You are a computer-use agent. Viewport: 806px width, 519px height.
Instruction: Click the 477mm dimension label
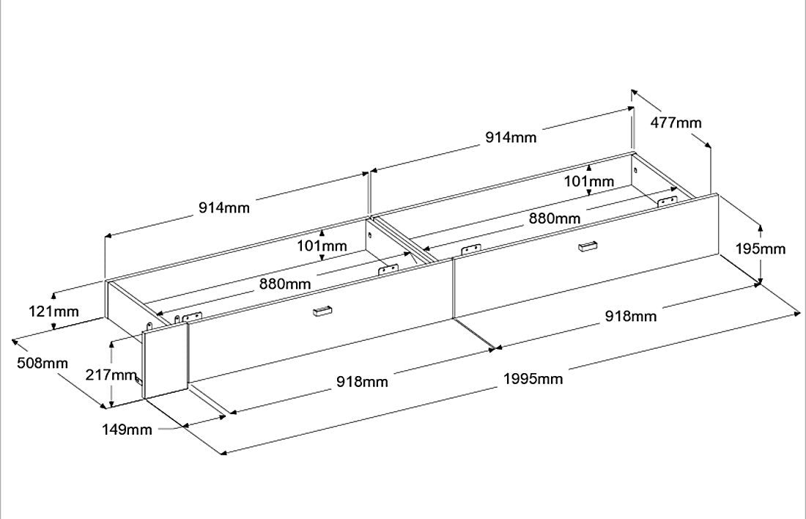point(676,123)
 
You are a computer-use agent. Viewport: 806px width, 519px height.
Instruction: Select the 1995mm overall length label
point(533,379)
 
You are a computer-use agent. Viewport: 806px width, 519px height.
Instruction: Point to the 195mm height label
point(761,249)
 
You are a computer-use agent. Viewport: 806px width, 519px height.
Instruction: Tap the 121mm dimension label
point(53,312)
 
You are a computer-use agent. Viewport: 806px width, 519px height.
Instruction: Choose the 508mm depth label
point(42,363)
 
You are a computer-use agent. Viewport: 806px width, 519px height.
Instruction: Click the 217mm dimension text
point(111,375)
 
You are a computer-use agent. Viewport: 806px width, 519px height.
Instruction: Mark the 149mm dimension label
point(127,430)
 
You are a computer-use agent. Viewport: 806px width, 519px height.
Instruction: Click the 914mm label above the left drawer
point(224,207)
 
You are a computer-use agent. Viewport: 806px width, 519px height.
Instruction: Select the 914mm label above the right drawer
point(511,137)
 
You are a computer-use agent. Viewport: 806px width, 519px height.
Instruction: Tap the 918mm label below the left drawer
point(362,382)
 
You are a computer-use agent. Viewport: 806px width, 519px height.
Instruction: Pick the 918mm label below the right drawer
point(631,316)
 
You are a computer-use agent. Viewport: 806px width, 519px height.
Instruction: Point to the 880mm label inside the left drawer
point(285,284)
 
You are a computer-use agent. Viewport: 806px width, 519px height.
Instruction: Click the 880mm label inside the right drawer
point(555,218)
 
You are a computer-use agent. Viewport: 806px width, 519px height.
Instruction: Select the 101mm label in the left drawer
point(322,246)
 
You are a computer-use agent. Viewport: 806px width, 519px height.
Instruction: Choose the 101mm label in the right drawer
point(589,182)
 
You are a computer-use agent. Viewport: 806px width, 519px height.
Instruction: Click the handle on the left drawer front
point(322,311)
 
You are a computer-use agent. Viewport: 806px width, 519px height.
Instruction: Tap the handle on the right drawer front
point(588,246)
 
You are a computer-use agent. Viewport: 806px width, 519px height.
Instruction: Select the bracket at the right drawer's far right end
point(668,202)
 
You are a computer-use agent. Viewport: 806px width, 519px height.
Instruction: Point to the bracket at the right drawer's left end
point(471,249)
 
